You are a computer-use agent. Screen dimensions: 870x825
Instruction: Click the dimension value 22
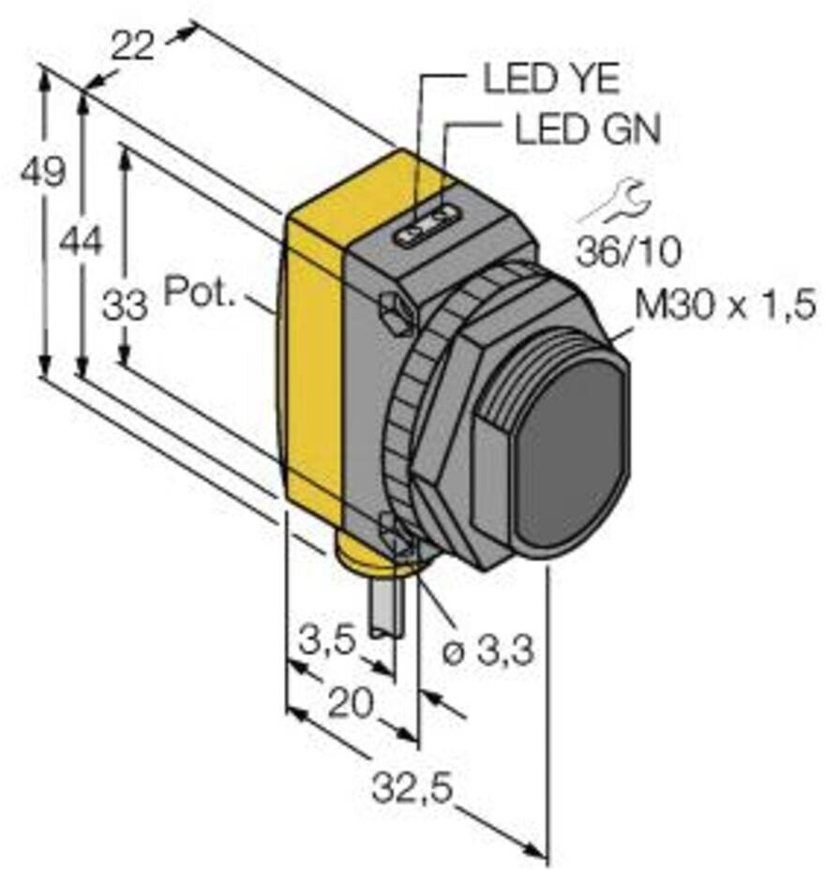click(132, 44)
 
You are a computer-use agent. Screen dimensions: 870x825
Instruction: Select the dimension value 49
click(43, 171)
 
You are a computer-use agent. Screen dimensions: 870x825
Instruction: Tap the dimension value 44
click(82, 242)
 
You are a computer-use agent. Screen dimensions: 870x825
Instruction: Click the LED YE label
click(551, 80)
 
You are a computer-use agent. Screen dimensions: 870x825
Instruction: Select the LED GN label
click(588, 130)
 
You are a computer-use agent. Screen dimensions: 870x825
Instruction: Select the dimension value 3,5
click(326, 642)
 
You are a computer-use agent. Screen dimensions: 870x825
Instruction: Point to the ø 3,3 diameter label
click(487, 651)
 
